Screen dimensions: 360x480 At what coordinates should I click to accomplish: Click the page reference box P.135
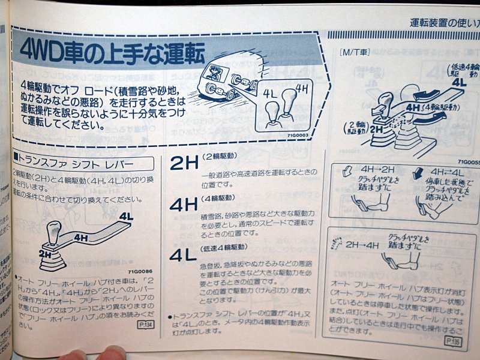pos(453,341)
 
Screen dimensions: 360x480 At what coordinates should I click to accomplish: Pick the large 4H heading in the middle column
pos(184,205)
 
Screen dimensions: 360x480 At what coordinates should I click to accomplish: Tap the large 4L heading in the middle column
pos(183,254)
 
